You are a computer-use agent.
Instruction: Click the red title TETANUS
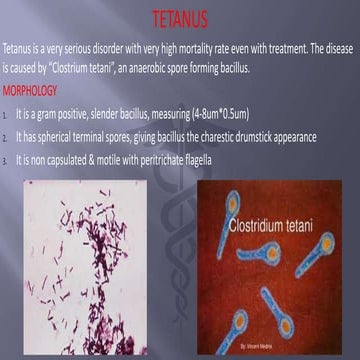click(180, 19)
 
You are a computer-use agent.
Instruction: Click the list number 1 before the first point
click(7, 116)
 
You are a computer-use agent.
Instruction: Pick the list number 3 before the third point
click(7, 161)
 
